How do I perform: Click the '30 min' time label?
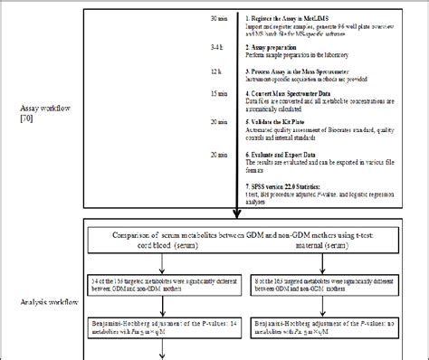pyautogui.click(x=215, y=17)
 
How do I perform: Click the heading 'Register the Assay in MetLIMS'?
pyautogui.click(x=291, y=17)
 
